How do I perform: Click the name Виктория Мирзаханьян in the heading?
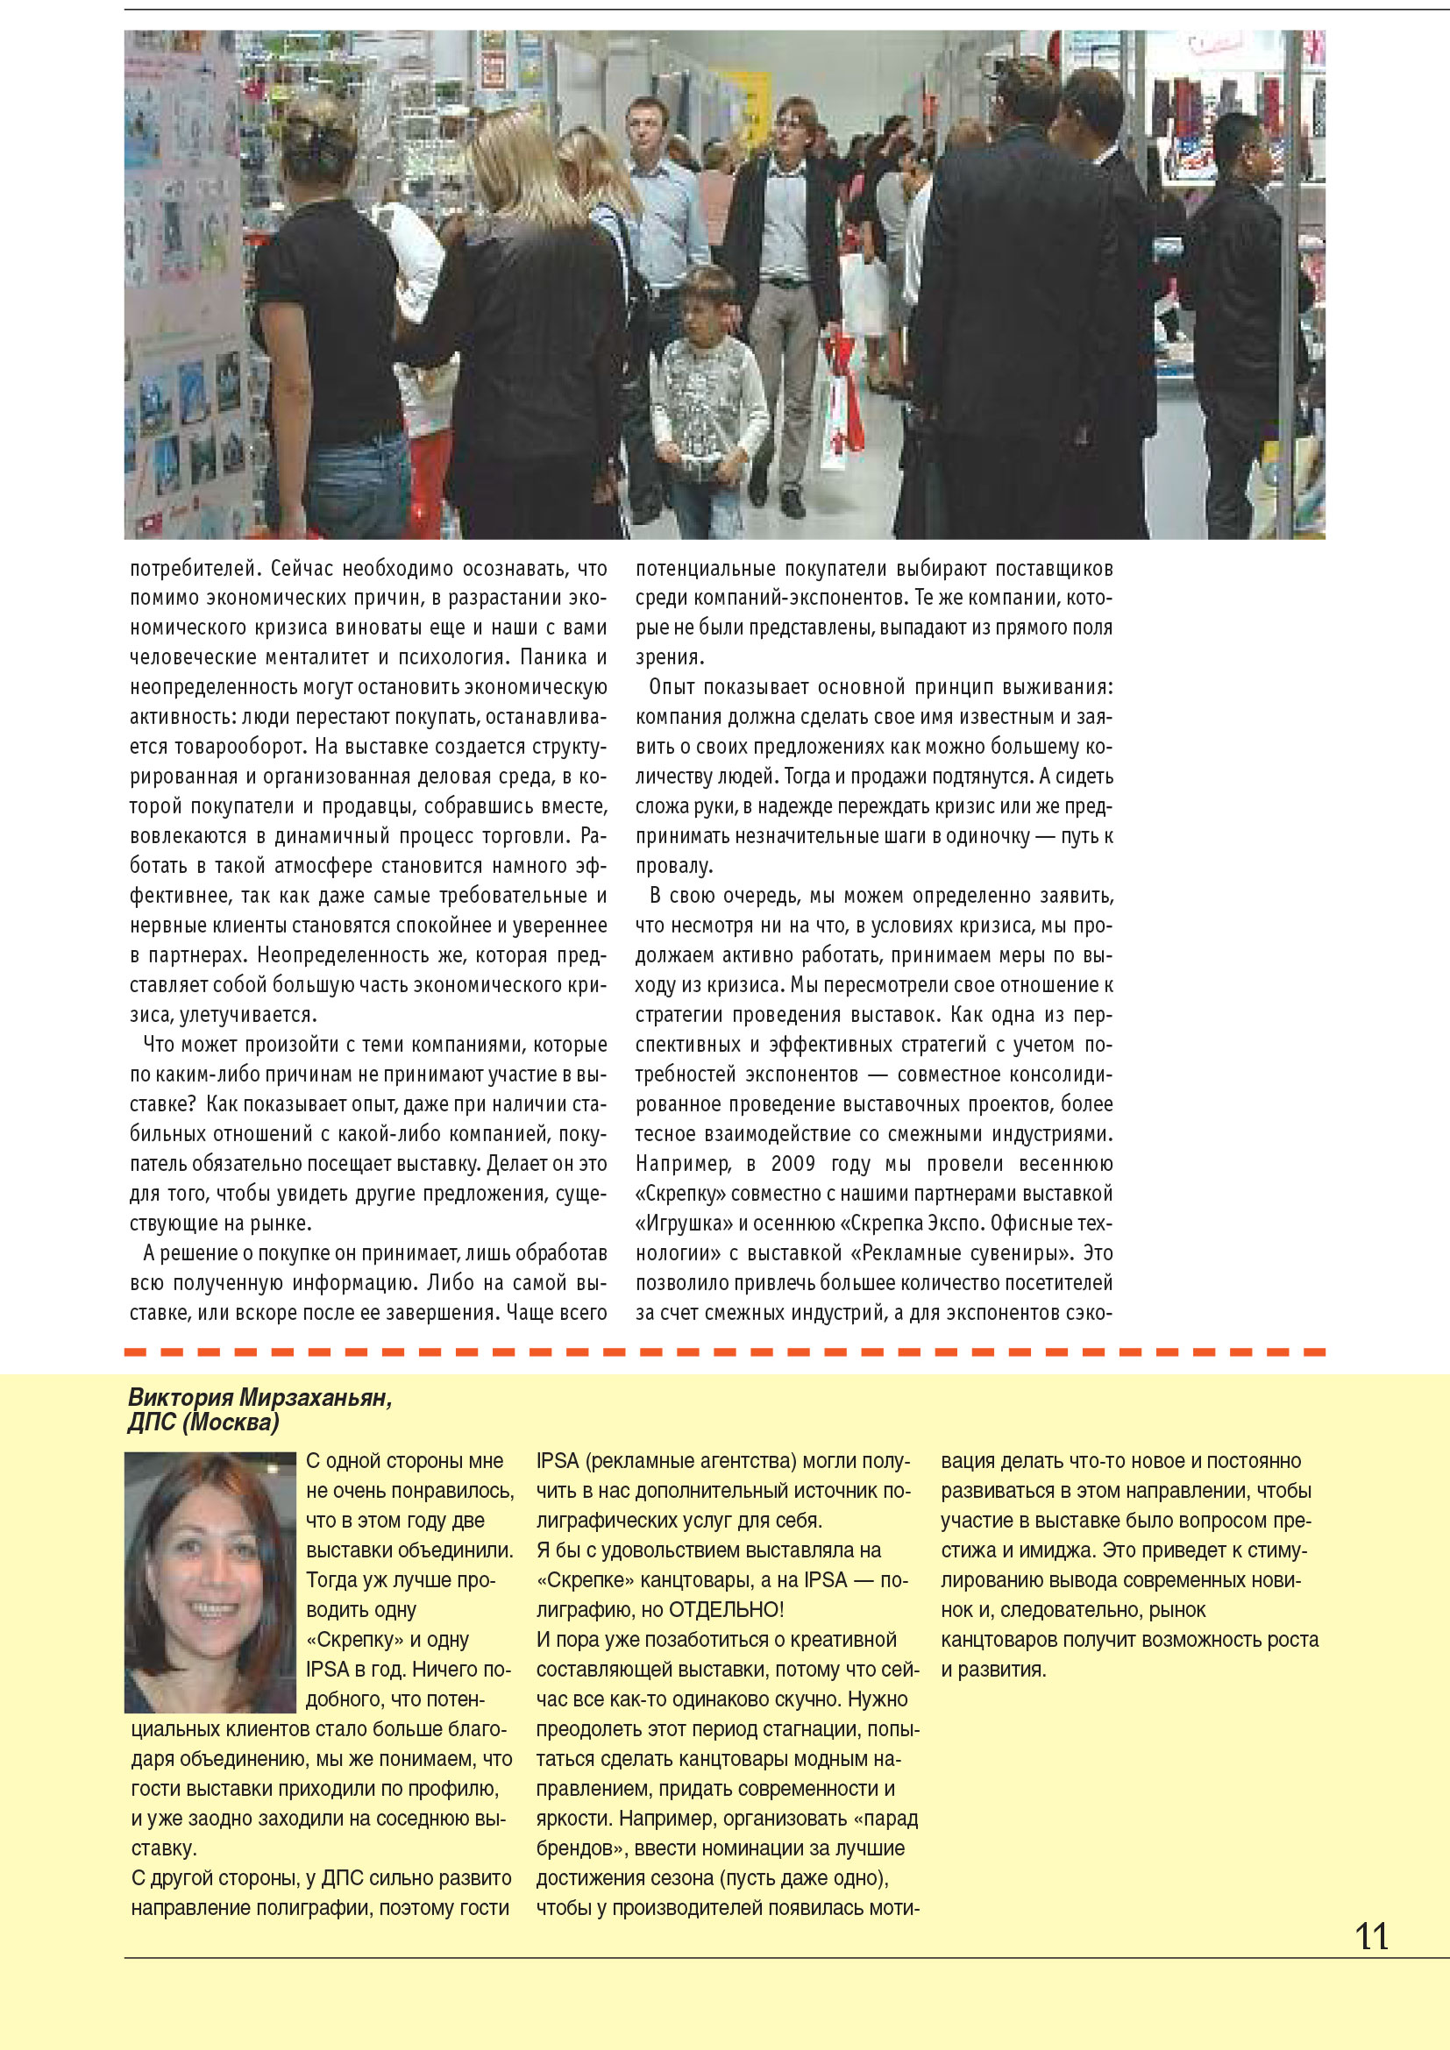(259, 1397)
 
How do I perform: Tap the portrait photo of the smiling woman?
(210, 1581)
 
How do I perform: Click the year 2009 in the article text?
(793, 1163)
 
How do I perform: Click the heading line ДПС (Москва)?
(203, 1422)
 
